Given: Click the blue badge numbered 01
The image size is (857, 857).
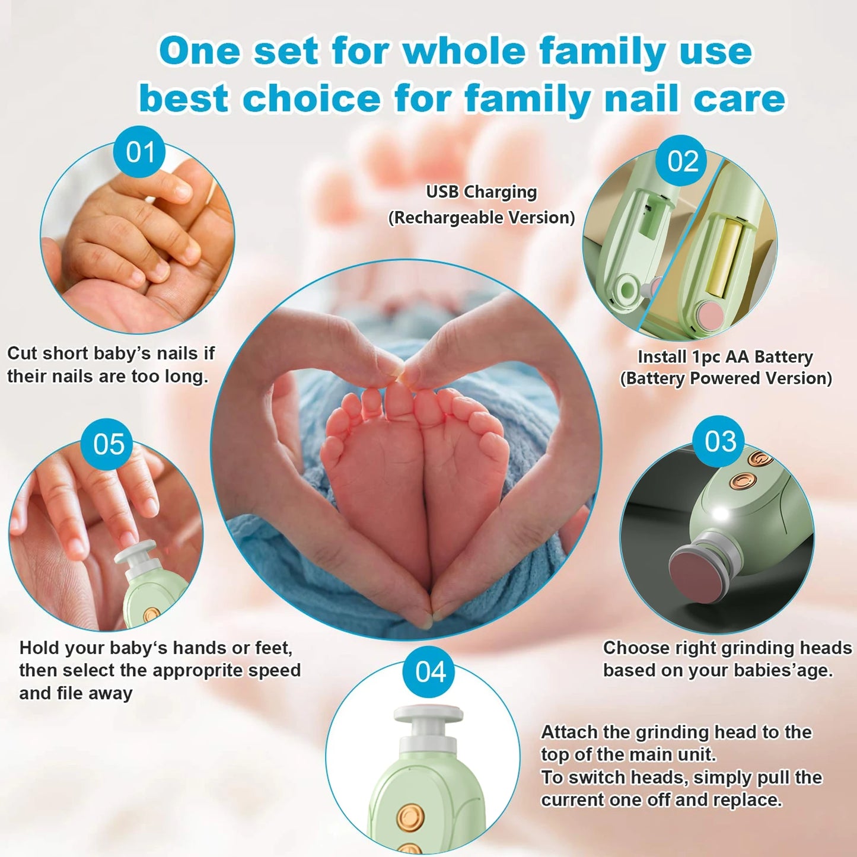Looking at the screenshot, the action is pyautogui.click(x=139, y=152).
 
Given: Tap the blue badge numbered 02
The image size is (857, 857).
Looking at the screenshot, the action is pyautogui.click(x=683, y=161).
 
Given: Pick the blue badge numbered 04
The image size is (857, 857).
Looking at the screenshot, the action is pyautogui.click(x=430, y=671).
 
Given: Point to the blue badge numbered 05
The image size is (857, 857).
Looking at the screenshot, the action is pyautogui.click(x=108, y=444).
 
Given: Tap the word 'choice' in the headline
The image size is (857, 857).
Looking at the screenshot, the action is pyautogui.click(x=312, y=98).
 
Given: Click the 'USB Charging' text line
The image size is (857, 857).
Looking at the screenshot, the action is pyautogui.click(x=482, y=192).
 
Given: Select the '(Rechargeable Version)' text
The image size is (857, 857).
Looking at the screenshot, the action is pyautogui.click(x=482, y=218).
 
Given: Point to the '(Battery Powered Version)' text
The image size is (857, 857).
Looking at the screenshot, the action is pyautogui.click(x=727, y=378).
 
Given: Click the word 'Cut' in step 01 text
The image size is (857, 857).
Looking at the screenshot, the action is pyautogui.click(x=22, y=353).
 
